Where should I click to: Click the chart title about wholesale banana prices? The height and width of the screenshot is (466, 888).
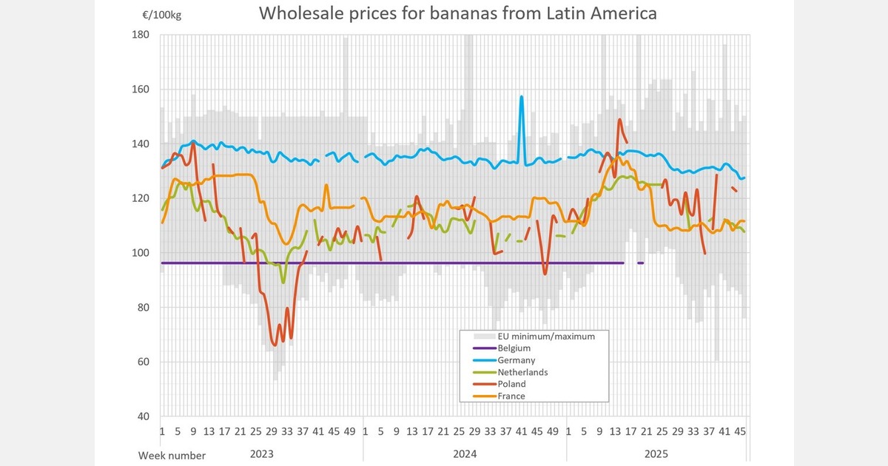[x=457, y=14]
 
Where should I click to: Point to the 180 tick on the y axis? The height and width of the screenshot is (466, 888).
[x=142, y=35]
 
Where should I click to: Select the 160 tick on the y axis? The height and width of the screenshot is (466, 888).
[x=142, y=90]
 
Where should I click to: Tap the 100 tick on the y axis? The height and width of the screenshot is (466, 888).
[x=142, y=253]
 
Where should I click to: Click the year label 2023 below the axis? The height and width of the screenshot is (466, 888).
[x=263, y=453]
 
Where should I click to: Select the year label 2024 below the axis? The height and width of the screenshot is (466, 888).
[x=465, y=453]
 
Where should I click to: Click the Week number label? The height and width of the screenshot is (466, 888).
[x=172, y=455]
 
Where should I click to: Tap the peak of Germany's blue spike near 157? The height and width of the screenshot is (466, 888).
[x=522, y=97]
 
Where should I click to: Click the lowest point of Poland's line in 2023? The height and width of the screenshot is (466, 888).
[x=275, y=345]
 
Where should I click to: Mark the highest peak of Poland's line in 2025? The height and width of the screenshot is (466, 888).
[x=619, y=119]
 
